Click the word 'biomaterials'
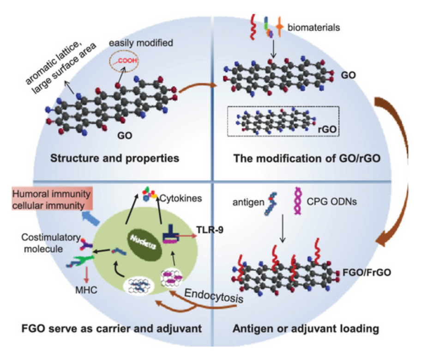coord(313,28)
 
